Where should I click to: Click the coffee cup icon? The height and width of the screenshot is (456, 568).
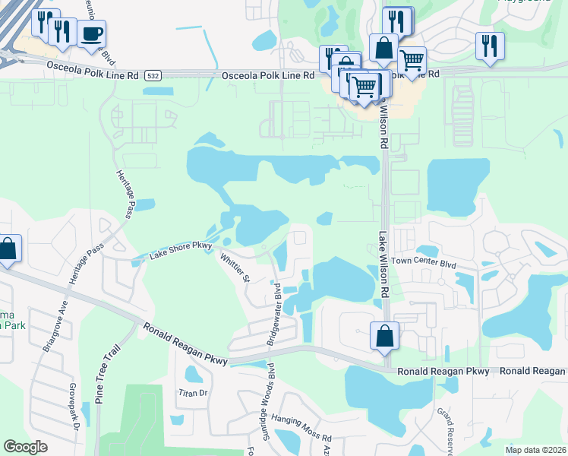click(x=91, y=34)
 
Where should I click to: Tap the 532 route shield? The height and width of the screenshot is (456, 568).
click(x=154, y=75)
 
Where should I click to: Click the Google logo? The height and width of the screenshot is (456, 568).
click(x=26, y=446)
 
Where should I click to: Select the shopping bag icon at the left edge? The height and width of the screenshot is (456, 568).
click(x=8, y=249)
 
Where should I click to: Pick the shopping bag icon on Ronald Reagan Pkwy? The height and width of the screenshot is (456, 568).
click(x=385, y=336)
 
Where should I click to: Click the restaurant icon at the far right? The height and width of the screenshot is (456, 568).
click(x=490, y=46)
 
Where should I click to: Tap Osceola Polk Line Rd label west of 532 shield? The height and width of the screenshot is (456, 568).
click(x=93, y=75)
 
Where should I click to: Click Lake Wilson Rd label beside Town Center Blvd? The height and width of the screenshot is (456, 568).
click(x=384, y=265)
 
